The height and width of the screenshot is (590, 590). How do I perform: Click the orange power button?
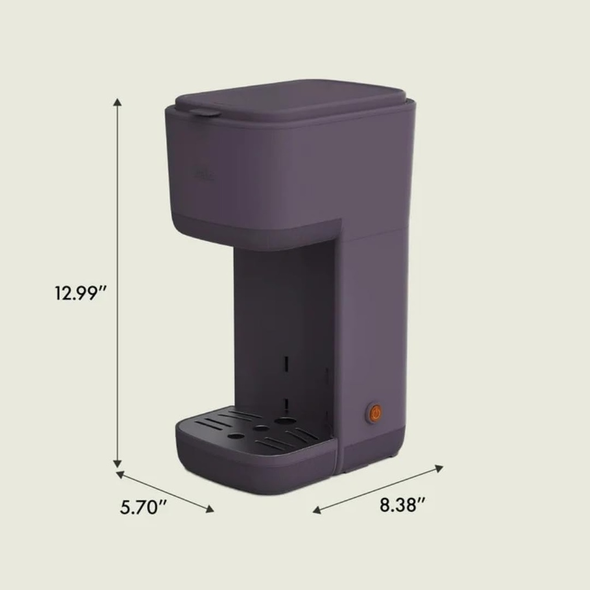point(375,414)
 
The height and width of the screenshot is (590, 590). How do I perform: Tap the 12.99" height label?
point(81,293)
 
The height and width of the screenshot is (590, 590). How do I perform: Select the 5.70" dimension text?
point(143,508)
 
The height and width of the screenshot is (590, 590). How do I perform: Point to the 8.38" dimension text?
point(402,505)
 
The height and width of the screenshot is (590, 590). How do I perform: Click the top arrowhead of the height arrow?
point(118,103)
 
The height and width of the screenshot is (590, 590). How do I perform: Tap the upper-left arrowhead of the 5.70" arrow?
point(120,474)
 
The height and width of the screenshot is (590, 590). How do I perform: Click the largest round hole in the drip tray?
point(285,421)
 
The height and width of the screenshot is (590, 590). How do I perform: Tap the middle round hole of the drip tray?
point(261,428)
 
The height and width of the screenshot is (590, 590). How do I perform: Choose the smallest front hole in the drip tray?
point(236,436)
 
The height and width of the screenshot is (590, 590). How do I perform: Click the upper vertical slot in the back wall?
point(285,364)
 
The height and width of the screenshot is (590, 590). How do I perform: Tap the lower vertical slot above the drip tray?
point(285,403)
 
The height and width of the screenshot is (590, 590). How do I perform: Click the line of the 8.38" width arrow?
point(377,489)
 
